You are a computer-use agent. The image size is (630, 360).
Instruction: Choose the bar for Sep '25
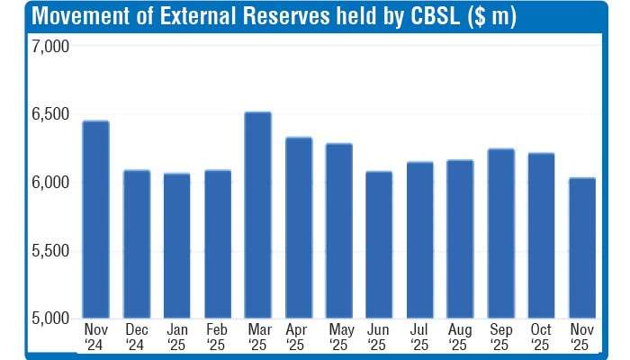[499, 233]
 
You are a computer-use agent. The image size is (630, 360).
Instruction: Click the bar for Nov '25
[581, 247]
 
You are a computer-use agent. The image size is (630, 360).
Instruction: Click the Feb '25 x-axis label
[217, 337]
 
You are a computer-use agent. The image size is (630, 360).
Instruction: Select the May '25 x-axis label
[339, 337]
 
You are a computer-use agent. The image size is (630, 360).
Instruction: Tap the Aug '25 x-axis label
[460, 337]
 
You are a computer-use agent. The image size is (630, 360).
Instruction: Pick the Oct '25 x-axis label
[540, 337]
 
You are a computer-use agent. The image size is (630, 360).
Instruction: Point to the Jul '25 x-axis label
[419, 337]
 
